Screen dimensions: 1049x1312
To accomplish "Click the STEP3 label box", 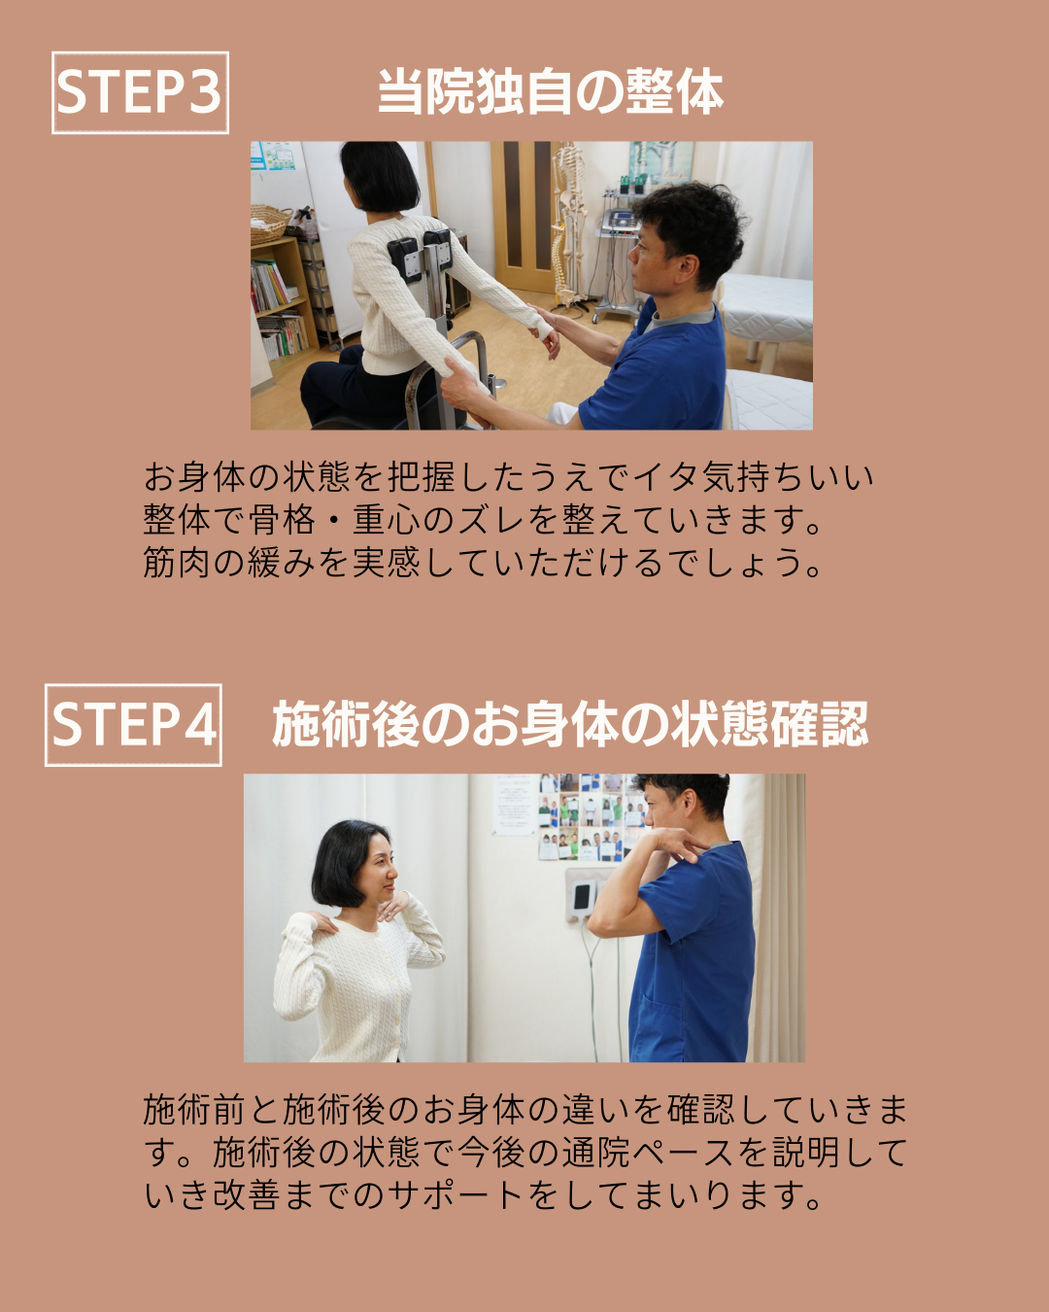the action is coord(140,92).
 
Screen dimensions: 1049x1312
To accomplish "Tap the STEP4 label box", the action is coord(133,725).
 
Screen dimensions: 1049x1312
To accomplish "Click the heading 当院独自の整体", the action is coord(551,92).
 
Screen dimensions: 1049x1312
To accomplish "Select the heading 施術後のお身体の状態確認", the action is coord(570,724).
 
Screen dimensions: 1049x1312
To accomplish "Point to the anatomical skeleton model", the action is coord(568,225).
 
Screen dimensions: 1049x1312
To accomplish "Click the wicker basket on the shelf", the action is coord(269,223).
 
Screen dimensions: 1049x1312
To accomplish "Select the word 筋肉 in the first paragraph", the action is coord(177,562).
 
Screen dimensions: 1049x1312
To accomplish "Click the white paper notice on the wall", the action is coord(516,805).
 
